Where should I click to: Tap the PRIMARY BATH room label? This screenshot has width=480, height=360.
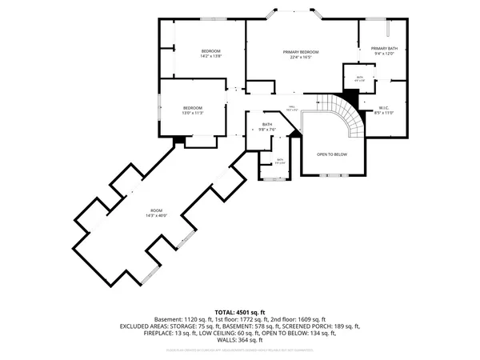point(384,49)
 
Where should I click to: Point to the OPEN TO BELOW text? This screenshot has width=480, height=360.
point(331,154)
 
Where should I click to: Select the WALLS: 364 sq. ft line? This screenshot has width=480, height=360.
point(240,339)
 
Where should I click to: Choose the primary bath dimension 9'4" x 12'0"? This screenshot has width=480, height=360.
point(384,54)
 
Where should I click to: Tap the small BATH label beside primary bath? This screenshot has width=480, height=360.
point(360,77)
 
